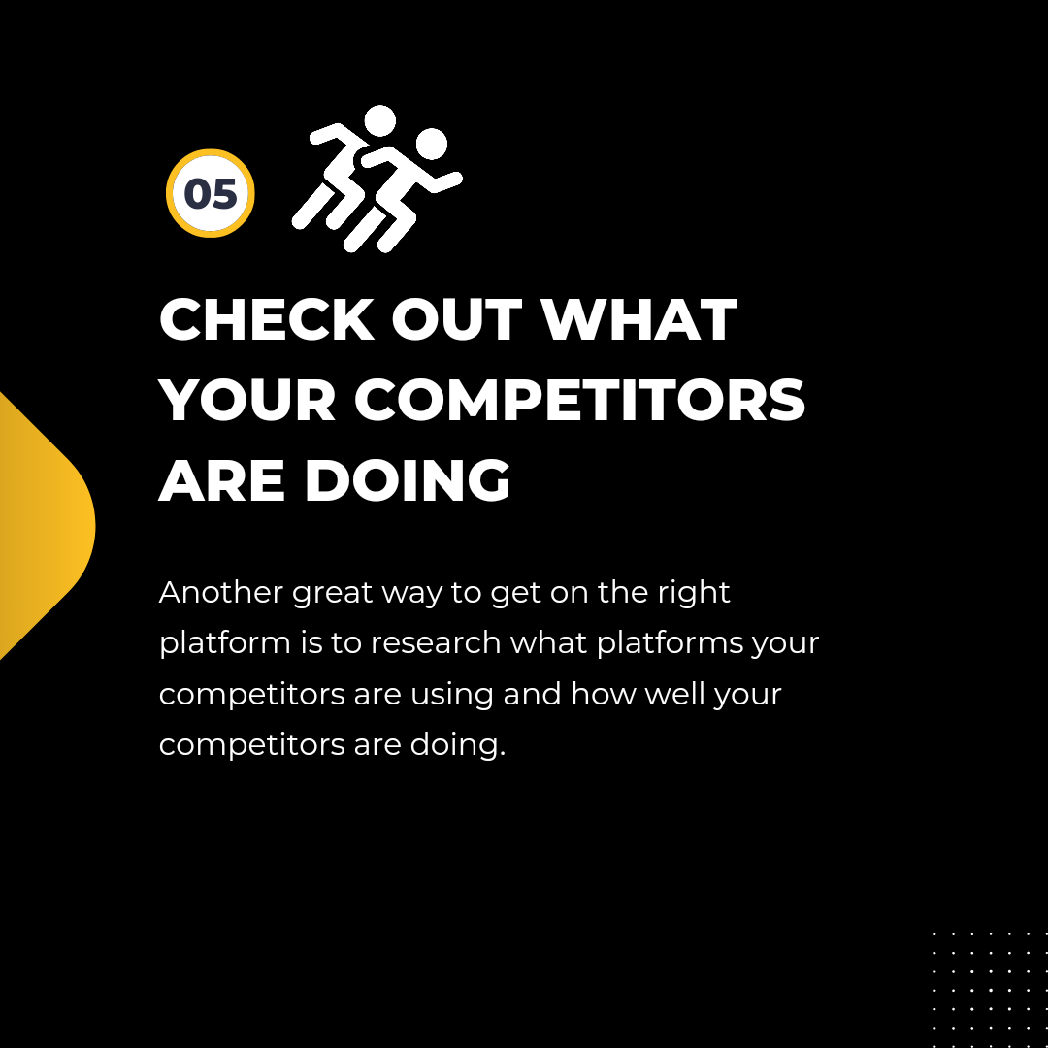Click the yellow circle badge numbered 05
pyautogui.click(x=211, y=193)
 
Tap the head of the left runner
pyautogui.click(x=380, y=121)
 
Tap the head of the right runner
pyautogui.click(x=431, y=144)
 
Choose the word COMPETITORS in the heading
pyautogui.click(x=579, y=401)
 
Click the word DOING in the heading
pyautogui.click(x=408, y=480)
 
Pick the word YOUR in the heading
pyautogui.click(x=247, y=401)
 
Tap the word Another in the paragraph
pyautogui.click(x=221, y=592)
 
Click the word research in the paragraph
pyautogui.click(x=436, y=643)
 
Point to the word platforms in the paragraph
pyautogui.click(x=670, y=644)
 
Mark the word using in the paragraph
pyautogui.click(x=452, y=696)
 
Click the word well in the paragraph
pyautogui.click(x=674, y=694)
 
